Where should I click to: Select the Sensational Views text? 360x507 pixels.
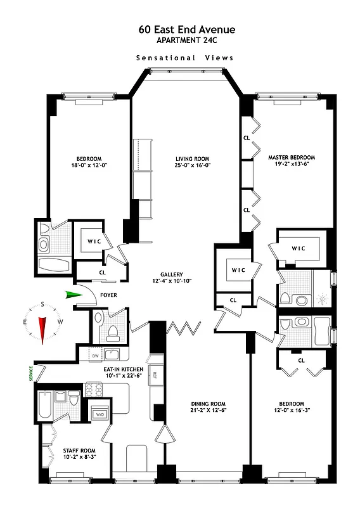coord(184,58)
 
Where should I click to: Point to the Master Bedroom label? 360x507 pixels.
coord(291,157)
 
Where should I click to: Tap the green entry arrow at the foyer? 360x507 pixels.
coord(75,294)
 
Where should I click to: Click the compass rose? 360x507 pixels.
coord(43,322)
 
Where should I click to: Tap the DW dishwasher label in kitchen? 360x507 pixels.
coord(94,356)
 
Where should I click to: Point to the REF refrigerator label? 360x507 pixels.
coord(154,375)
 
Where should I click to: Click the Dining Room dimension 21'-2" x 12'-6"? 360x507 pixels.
coord(209,411)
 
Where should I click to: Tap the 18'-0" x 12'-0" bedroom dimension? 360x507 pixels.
coord(84,165)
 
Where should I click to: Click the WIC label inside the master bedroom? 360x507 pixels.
coord(299,248)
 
